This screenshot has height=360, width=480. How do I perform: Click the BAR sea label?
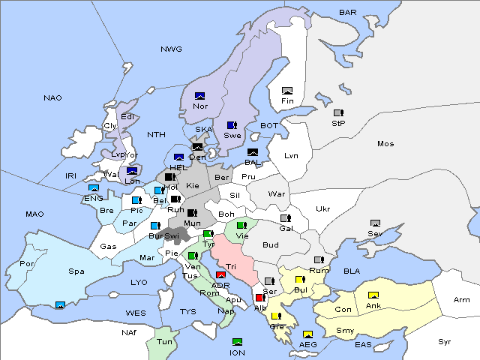pos(347,13)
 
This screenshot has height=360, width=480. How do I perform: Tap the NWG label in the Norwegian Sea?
pos(171,49)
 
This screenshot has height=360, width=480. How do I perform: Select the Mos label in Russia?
pos(385,143)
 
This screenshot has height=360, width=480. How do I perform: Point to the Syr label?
pos(445,341)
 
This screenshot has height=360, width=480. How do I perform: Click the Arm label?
pos(462,300)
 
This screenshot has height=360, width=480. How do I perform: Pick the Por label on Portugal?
pos(28,264)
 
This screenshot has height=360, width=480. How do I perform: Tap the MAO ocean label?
pos(34,214)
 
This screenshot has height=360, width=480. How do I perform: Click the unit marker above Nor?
pos(200,96)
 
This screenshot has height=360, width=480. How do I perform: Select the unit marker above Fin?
pos(286,91)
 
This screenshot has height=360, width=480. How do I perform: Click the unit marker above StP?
pos(338,113)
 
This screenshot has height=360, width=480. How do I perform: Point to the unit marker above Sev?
pos(375,223)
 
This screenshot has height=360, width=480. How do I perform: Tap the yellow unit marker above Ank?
pos(373,295)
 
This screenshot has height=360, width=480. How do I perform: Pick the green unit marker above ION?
pos(238,343)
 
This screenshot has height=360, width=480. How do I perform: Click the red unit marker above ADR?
pos(220,275)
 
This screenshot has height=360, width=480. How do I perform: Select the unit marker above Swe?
pos(232,125)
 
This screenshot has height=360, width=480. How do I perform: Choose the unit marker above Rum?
pos(319,260)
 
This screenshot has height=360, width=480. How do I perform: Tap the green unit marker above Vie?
pos(241,225)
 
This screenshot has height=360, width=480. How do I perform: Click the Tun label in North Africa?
pos(164,341)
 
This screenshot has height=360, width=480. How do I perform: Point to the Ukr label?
pos(322,209)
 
